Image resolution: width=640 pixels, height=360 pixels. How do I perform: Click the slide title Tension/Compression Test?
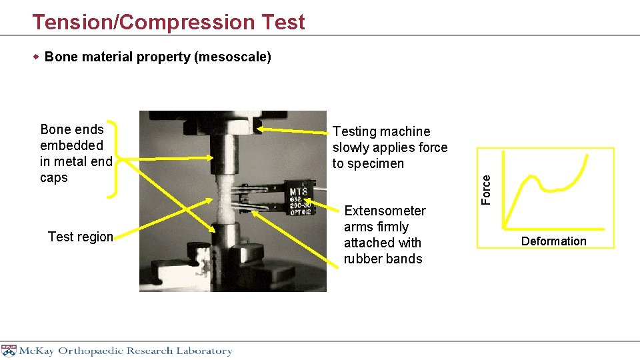[x=169, y=22]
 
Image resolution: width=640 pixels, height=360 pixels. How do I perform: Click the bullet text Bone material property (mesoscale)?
[x=157, y=57]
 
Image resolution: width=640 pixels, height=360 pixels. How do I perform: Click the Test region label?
[x=81, y=237]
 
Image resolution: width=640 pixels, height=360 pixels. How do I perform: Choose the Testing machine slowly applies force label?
[x=390, y=147]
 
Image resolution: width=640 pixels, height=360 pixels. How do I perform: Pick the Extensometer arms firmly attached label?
[x=384, y=235]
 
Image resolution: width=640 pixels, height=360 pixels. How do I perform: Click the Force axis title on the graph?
[x=487, y=189]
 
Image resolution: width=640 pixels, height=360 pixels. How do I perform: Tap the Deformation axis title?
[x=553, y=241]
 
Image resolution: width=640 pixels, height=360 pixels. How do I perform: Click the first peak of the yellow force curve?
[x=533, y=178]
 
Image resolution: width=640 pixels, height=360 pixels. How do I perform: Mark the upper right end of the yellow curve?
[x=589, y=157]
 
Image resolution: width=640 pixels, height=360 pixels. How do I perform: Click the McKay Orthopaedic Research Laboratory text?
[x=125, y=351]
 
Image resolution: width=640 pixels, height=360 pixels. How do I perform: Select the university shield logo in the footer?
[x=9, y=351]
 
